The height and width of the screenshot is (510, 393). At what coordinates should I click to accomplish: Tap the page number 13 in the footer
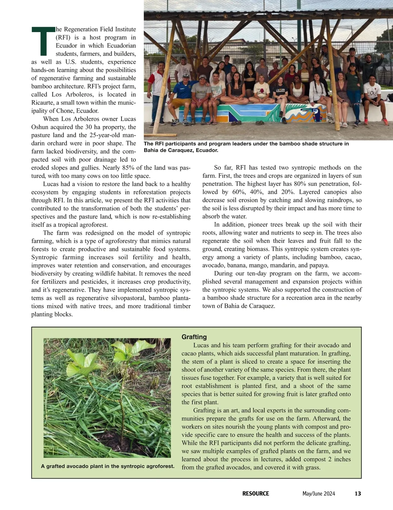pos(358,494)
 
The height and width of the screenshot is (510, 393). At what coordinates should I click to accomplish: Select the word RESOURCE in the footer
pos(255,494)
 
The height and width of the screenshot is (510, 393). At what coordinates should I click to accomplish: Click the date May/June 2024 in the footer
pos(319,494)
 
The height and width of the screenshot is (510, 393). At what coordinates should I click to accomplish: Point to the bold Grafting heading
pos(194,337)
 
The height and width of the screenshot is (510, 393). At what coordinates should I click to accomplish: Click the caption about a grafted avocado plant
pos(108,466)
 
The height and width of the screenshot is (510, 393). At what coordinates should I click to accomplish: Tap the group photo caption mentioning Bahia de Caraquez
pos(246,147)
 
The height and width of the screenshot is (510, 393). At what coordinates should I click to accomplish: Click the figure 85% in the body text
pos(129,168)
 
